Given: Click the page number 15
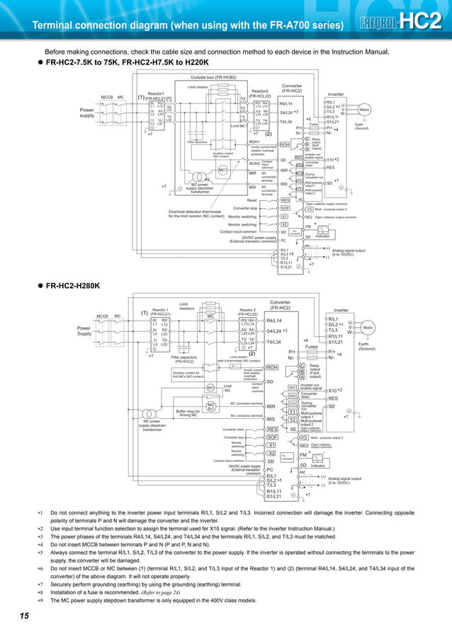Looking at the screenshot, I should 25,617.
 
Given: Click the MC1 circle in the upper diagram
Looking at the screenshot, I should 222,170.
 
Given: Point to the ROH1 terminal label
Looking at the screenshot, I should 254,142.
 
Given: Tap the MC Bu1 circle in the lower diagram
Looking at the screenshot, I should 211,406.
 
